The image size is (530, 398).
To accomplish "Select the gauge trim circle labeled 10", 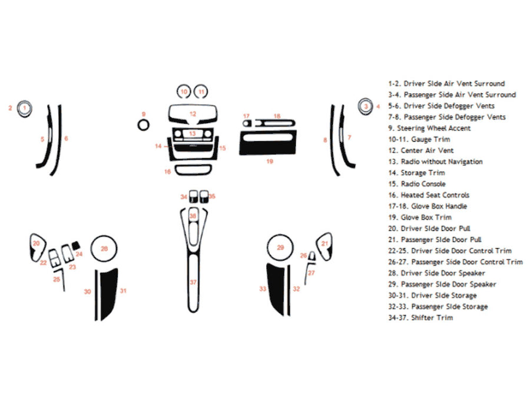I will pyautogui.click(x=184, y=91).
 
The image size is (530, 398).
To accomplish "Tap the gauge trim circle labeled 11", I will pyautogui.click(x=201, y=91).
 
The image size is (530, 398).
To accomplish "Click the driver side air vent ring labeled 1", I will pyautogui.click(x=25, y=108).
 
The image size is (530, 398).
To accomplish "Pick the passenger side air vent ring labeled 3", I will pyautogui.click(x=365, y=106).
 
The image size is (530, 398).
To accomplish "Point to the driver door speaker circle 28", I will pyautogui.click(x=104, y=249).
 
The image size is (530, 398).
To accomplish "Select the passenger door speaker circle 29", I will pyautogui.click(x=280, y=248).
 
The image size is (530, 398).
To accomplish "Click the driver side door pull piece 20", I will pyautogui.click(x=36, y=246).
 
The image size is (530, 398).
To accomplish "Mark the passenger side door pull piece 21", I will pyautogui.click(x=324, y=244).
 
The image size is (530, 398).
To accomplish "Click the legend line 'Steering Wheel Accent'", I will pyautogui.click(x=433, y=128).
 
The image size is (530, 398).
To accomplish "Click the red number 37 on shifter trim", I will pyautogui.click(x=193, y=282).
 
